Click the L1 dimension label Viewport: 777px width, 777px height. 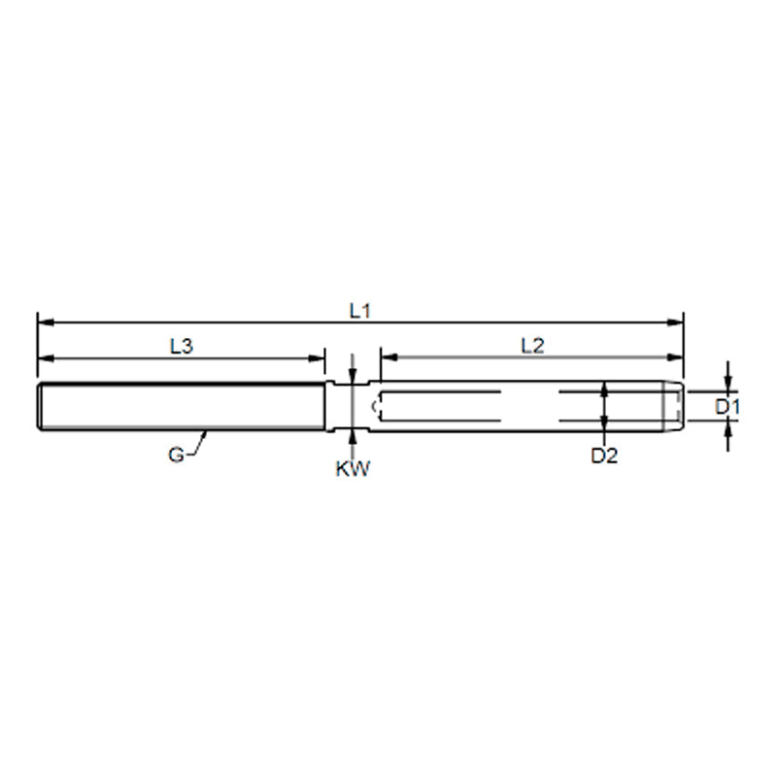[x=360, y=310]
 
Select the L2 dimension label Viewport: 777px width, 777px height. [x=532, y=345]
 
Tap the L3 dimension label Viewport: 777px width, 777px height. [x=181, y=345]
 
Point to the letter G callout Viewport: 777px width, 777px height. [x=176, y=455]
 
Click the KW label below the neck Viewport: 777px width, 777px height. [x=353, y=469]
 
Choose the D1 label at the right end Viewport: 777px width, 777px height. [x=727, y=407]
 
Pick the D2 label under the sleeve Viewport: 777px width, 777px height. [x=604, y=455]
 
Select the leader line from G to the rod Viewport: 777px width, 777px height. [x=198, y=443]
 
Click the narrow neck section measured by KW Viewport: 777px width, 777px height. [x=353, y=406]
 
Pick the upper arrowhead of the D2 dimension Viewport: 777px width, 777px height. [x=604, y=388]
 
